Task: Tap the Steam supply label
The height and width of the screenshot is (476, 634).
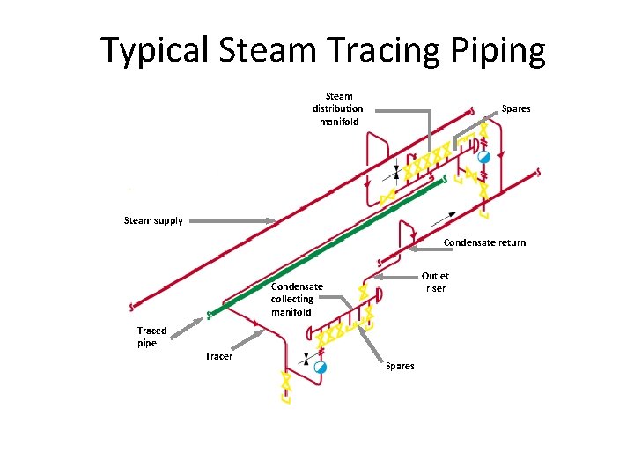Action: point(153,220)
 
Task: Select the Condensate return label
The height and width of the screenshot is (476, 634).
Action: point(484,242)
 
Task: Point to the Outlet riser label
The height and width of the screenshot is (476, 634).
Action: point(435,282)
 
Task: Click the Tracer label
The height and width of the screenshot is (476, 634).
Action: point(218,356)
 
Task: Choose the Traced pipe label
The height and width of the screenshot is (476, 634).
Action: point(151,337)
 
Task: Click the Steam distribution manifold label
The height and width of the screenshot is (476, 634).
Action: point(337,108)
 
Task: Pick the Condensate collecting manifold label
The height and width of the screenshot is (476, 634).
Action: point(297,299)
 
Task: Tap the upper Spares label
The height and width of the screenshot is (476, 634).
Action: point(516,108)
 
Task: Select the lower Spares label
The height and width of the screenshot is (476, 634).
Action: point(400,366)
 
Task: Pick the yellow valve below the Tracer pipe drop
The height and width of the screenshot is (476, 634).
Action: point(284,382)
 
